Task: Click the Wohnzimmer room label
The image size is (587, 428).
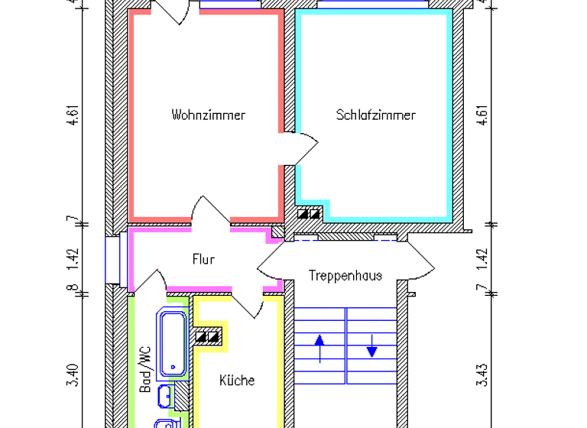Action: point(209,115)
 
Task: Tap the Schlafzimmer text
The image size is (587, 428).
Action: point(376,115)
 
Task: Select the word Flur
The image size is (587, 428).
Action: point(203,259)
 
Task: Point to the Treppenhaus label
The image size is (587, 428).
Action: point(345,275)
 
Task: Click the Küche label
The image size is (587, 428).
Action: point(237,380)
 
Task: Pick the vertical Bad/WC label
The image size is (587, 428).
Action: point(145,369)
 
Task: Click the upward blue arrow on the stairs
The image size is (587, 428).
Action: point(319,348)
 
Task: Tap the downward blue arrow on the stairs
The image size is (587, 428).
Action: point(372,348)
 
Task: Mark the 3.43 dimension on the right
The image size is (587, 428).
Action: point(482,376)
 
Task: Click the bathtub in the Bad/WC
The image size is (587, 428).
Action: point(172,342)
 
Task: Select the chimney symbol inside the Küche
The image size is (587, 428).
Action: point(209,336)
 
